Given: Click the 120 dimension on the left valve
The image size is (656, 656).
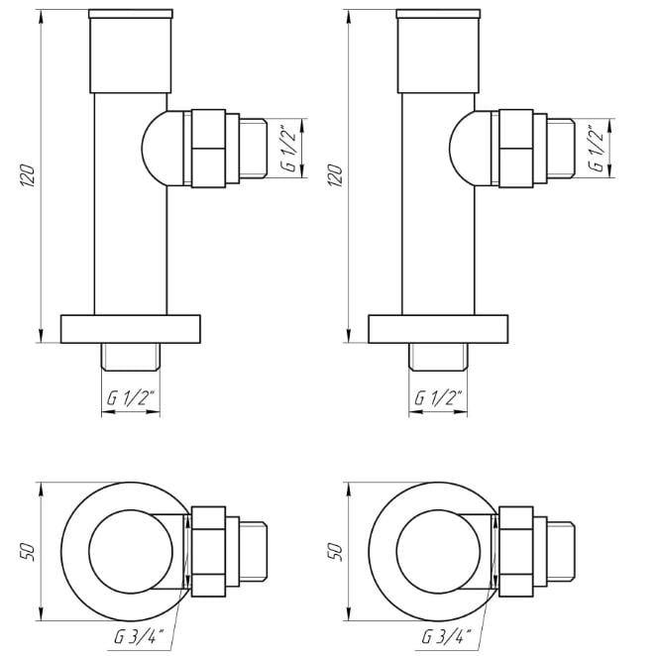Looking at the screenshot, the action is click(x=28, y=175).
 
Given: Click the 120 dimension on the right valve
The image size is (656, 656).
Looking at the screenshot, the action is click(x=335, y=175).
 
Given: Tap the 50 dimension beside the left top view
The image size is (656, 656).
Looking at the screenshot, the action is click(x=28, y=552).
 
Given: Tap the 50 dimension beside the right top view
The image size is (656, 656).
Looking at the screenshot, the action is click(x=335, y=552).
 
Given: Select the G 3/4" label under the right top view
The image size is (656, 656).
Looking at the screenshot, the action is click(x=446, y=637).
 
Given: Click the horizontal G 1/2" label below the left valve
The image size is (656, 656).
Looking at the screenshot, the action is click(x=131, y=397).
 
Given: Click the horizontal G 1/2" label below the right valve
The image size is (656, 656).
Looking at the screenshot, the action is click(x=438, y=397).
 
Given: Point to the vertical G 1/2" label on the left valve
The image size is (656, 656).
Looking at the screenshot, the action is click(x=289, y=148).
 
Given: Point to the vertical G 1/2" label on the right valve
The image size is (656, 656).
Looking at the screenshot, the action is click(x=597, y=148).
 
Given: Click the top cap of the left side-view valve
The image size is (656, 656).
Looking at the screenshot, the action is click(x=131, y=52).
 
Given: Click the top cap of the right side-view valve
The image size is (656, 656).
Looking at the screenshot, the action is click(x=438, y=52).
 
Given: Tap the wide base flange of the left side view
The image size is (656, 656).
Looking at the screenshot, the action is click(x=131, y=329).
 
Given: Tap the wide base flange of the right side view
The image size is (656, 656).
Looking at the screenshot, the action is click(x=438, y=329).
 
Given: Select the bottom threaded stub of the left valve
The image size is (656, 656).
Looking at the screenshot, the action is click(x=131, y=357).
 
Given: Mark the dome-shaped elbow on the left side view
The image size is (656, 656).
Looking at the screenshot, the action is click(x=156, y=148).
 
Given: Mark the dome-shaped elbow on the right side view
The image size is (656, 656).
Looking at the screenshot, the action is click(x=463, y=148).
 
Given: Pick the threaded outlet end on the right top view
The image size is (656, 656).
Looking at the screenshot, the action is click(x=561, y=552).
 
